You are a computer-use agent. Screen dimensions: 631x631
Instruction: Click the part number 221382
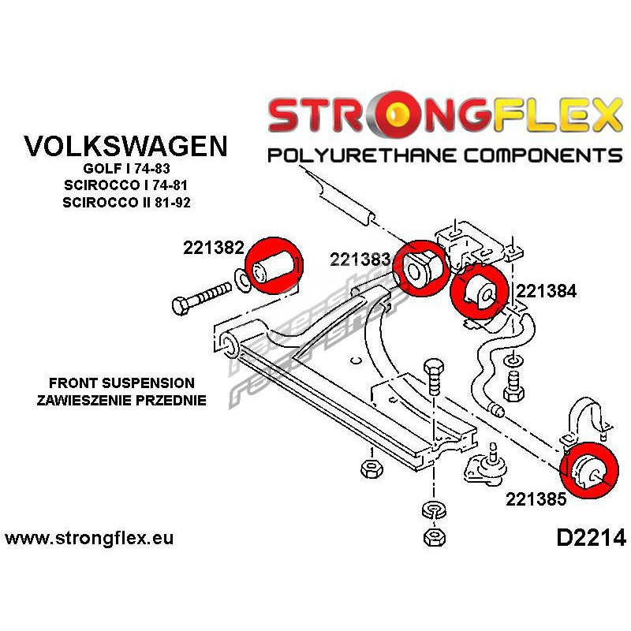point(213,248)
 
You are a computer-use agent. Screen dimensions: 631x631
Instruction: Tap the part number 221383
point(360,259)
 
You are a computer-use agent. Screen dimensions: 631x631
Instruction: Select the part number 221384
point(547,290)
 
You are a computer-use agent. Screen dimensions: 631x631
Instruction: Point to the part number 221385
point(536,499)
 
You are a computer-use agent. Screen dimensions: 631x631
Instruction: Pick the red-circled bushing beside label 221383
point(420,268)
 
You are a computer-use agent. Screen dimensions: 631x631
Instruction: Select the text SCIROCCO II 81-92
point(126,203)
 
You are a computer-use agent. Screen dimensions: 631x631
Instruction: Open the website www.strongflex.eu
point(89,540)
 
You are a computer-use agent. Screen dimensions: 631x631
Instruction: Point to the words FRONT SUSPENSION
point(121,383)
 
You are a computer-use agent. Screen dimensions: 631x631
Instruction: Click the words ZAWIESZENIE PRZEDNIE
point(121,400)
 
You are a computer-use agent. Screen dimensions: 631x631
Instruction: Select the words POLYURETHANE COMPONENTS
point(445,154)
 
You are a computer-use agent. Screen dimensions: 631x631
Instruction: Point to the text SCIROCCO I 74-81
point(126,186)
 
